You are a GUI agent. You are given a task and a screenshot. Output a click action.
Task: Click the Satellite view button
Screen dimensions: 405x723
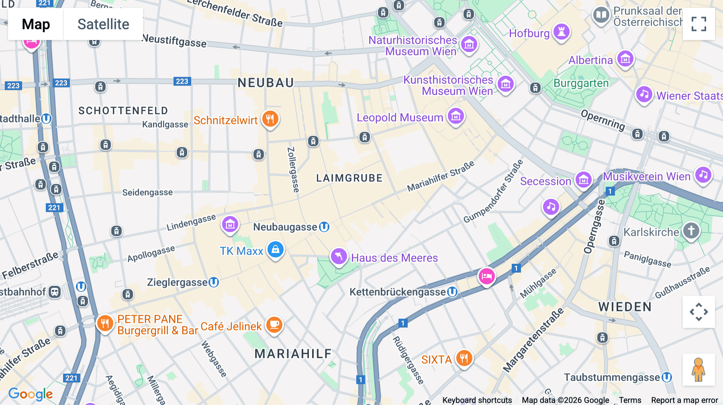tap(103, 24)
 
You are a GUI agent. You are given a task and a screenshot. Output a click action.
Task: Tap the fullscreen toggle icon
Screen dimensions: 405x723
tap(698, 24)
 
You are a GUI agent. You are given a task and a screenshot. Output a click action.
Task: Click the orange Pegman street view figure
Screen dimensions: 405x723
tap(698, 370)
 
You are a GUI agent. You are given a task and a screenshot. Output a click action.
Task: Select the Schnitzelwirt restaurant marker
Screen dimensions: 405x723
tap(270, 119)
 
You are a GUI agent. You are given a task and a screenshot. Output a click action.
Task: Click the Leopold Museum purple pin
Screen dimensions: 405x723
tap(455, 117)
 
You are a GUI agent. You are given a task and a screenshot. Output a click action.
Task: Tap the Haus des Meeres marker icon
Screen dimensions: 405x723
tap(339, 256)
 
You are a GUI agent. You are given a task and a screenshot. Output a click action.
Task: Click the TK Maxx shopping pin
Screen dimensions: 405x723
tap(276, 250)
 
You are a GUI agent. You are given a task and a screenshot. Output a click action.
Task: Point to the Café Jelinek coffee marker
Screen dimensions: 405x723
tap(274, 324)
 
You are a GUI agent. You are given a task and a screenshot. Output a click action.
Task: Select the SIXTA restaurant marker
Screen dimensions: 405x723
tap(464, 358)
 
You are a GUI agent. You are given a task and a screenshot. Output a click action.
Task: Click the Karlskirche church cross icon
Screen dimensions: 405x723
tap(691, 231)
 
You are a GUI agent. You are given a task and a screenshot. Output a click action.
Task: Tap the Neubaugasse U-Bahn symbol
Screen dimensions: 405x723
tap(324, 227)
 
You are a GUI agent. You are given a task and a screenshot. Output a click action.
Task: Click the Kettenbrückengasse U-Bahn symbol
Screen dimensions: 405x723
tap(452, 292)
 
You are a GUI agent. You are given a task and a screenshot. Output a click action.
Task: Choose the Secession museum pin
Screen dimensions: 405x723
tap(583, 180)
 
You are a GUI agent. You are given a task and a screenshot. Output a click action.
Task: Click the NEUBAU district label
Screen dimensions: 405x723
tap(266, 83)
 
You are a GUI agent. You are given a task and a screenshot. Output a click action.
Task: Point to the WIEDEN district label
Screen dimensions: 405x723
tap(625, 307)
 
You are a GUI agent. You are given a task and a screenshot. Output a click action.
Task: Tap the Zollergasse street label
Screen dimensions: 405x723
tap(293, 170)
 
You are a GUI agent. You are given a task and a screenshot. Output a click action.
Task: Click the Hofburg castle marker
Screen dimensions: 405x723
tap(561, 32)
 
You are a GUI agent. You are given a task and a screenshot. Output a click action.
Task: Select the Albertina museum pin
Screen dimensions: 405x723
tap(625, 59)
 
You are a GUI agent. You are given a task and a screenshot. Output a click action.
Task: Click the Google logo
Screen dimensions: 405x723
tap(31, 394)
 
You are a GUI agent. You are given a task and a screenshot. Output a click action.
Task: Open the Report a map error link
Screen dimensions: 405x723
tap(684, 400)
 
